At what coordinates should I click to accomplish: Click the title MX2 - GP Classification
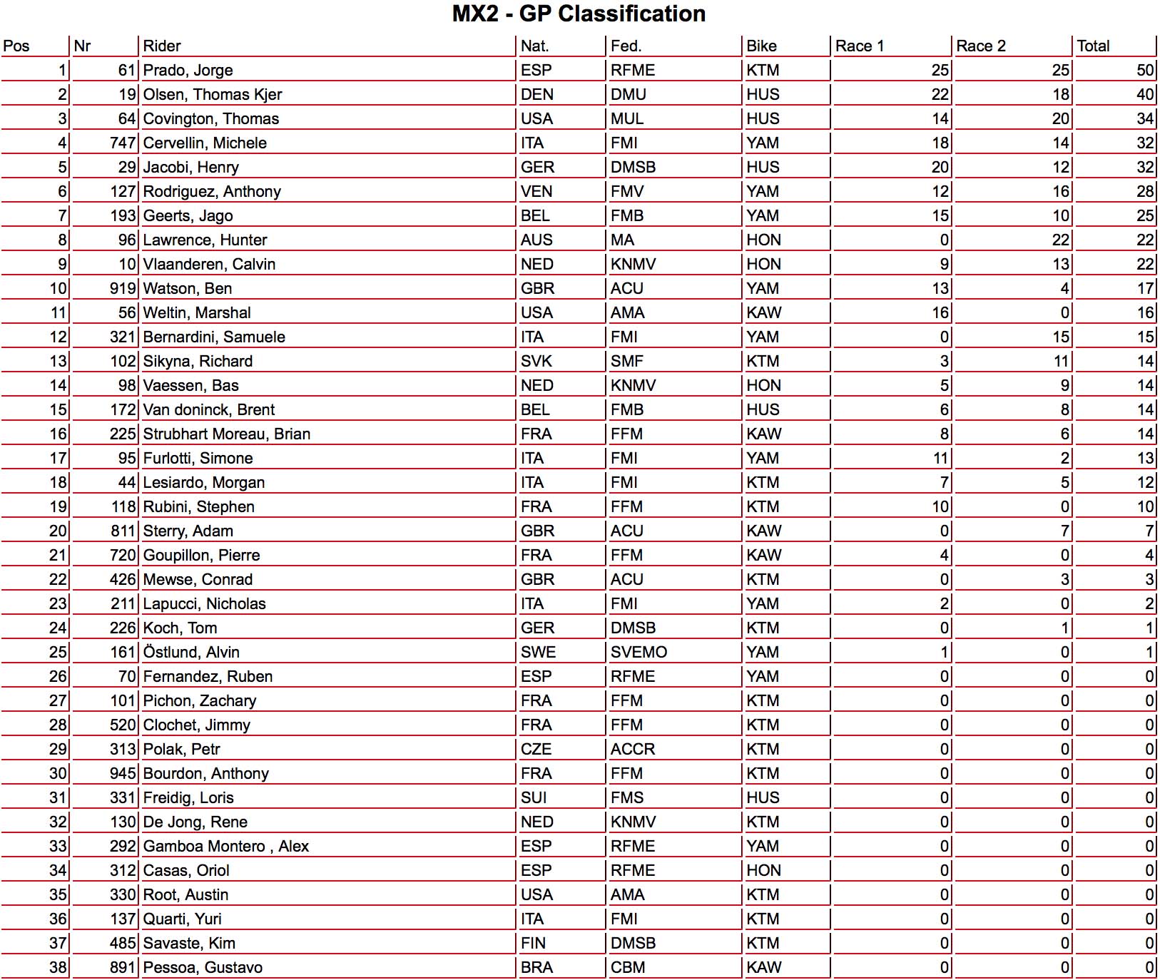point(579,14)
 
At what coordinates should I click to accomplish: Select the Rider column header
point(162,46)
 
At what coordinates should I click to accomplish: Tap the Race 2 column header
point(981,46)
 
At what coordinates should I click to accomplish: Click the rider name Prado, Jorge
point(188,71)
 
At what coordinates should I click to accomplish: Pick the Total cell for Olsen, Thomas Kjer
point(1145,95)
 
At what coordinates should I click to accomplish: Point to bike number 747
point(123,143)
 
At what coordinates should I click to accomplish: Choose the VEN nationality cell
point(536,192)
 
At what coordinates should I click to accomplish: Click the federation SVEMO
point(638,653)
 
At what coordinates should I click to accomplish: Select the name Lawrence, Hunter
point(205,240)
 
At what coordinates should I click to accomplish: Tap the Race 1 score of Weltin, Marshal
point(940,313)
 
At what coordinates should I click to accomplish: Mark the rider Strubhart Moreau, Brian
point(226,434)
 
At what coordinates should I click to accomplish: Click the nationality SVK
point(536,362)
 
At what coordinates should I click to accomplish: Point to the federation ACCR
point(633,750)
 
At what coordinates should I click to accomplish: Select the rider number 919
point(123,289)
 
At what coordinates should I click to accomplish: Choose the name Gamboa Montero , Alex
point(225,847)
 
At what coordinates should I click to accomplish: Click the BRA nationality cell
point(536,968)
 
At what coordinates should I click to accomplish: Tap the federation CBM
point(628,968)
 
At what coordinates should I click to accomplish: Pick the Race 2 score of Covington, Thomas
point(1060,119)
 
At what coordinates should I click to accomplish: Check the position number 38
point(58,968)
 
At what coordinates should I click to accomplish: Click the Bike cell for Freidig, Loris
point(763,798)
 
